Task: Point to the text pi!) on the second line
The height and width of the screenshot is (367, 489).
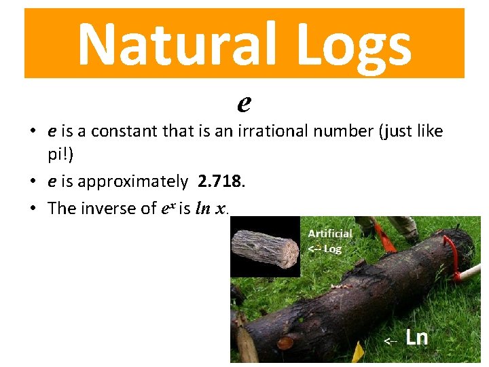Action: tap(61, 155)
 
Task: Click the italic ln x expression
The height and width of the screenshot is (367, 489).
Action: tap(211, 208)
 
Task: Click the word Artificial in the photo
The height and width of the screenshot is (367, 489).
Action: tap(330, 233)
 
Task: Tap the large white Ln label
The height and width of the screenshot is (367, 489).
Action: tap(416, 337)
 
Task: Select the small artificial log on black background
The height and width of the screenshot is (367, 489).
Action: tap(265, 247)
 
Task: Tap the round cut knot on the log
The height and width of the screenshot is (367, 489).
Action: tap(286, 343)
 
